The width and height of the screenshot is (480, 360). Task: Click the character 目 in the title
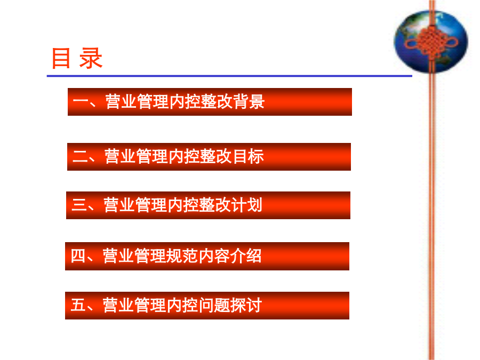click(x=61, y=58)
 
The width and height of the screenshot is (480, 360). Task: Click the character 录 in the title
click(x=91, y=58)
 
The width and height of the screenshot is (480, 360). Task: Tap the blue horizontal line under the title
click(x=229, y=76)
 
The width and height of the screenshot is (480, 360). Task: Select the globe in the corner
click(x=431, y=42)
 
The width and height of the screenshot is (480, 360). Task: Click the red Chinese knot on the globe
click(x=431, y=41)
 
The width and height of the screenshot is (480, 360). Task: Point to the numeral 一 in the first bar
click(x=81, y=102)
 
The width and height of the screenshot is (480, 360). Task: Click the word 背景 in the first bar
click(x=249, y=102)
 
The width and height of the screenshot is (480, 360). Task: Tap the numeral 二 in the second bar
click(x=80, y=156)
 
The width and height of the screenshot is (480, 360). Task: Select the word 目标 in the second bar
click(x=248, y=156)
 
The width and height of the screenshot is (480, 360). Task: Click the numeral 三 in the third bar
click(x=79, y=205)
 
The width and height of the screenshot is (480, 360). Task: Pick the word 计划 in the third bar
click(x=247, y=205)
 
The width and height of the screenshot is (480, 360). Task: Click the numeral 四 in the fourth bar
click(x=78, y=255)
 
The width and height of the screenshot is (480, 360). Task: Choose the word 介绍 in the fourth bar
click(x=246, y=256)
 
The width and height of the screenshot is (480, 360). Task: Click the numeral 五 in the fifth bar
click(x=78, y=305)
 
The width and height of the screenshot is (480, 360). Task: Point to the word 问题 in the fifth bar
click(x=214, y=305)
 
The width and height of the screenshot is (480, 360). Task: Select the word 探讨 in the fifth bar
click(x=246, y=305)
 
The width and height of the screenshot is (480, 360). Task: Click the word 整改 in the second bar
click(x=216, y=156)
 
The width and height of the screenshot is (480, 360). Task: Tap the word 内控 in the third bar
click(x=183, y=205)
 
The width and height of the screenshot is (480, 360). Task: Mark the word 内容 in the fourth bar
click(x=214, y=256)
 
